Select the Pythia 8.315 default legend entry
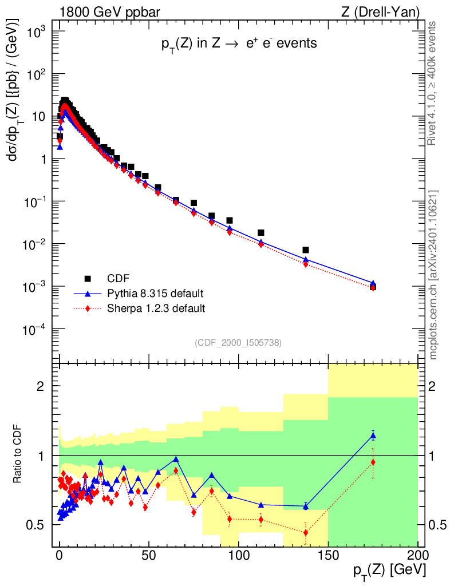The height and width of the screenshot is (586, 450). (155, 294)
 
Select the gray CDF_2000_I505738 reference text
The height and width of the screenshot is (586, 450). (238, 342)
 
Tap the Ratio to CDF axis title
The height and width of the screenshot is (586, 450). (18, 455)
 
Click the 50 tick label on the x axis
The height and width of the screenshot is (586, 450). (149, 555)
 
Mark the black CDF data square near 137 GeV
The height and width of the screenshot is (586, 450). (306, 250)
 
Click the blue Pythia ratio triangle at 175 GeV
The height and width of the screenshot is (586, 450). (373, 436)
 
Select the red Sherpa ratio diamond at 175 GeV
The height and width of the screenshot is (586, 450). (373, 462)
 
